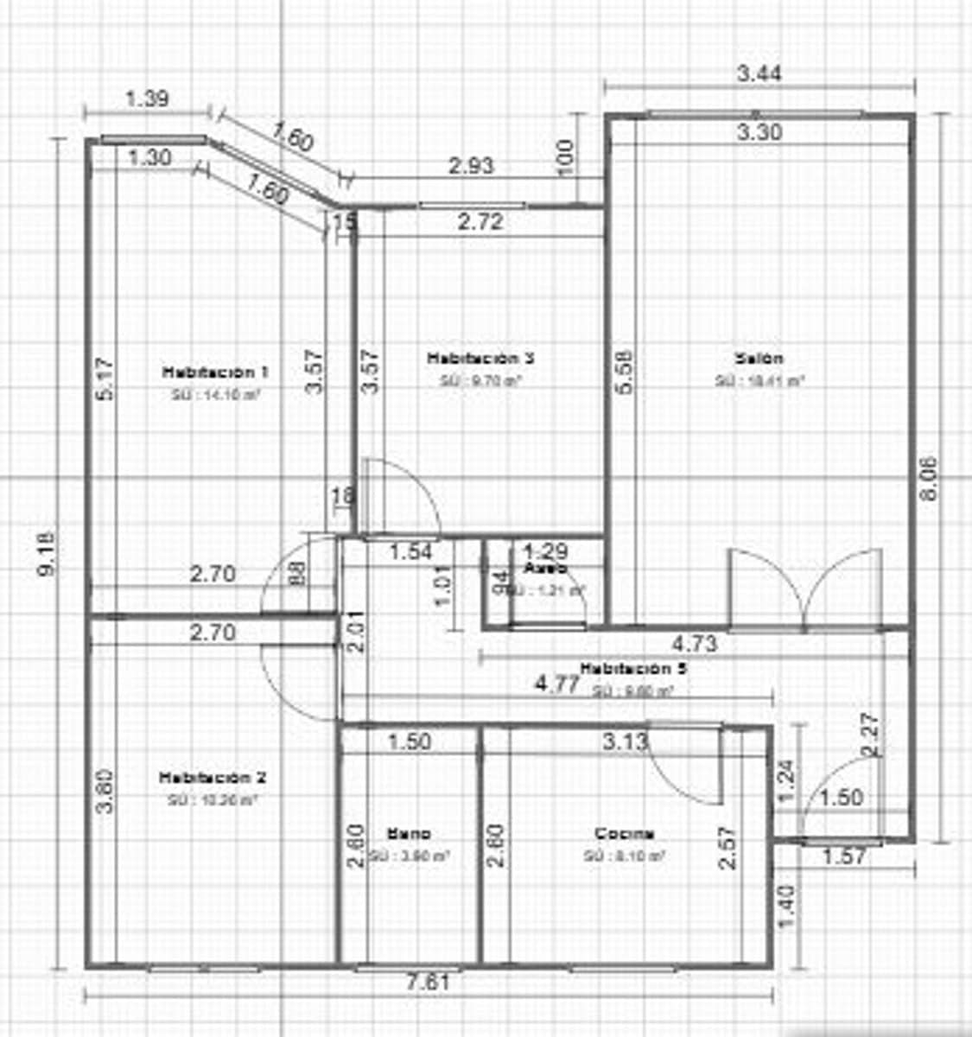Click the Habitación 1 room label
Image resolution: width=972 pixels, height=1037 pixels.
click(215, 372)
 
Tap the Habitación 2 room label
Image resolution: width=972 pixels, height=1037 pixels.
click(212, 778)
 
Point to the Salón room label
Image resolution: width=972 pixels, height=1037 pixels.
click(759, 358)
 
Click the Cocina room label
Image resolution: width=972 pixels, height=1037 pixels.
click(624, 834)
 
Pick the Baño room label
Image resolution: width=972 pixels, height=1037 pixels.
click(409, 834)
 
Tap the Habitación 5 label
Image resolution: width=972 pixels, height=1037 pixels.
click(634, 669)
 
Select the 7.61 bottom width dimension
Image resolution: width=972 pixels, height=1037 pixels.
click(430, 983)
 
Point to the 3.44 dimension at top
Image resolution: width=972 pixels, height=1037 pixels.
click(759, 73)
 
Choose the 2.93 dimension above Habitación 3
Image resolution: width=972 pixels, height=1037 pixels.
click(471, 165)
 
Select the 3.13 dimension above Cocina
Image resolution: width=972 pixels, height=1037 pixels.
click(625, 741)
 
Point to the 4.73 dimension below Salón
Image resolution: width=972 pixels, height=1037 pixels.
click(694, 644)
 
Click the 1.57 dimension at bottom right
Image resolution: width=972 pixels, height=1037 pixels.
click(843, 856)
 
